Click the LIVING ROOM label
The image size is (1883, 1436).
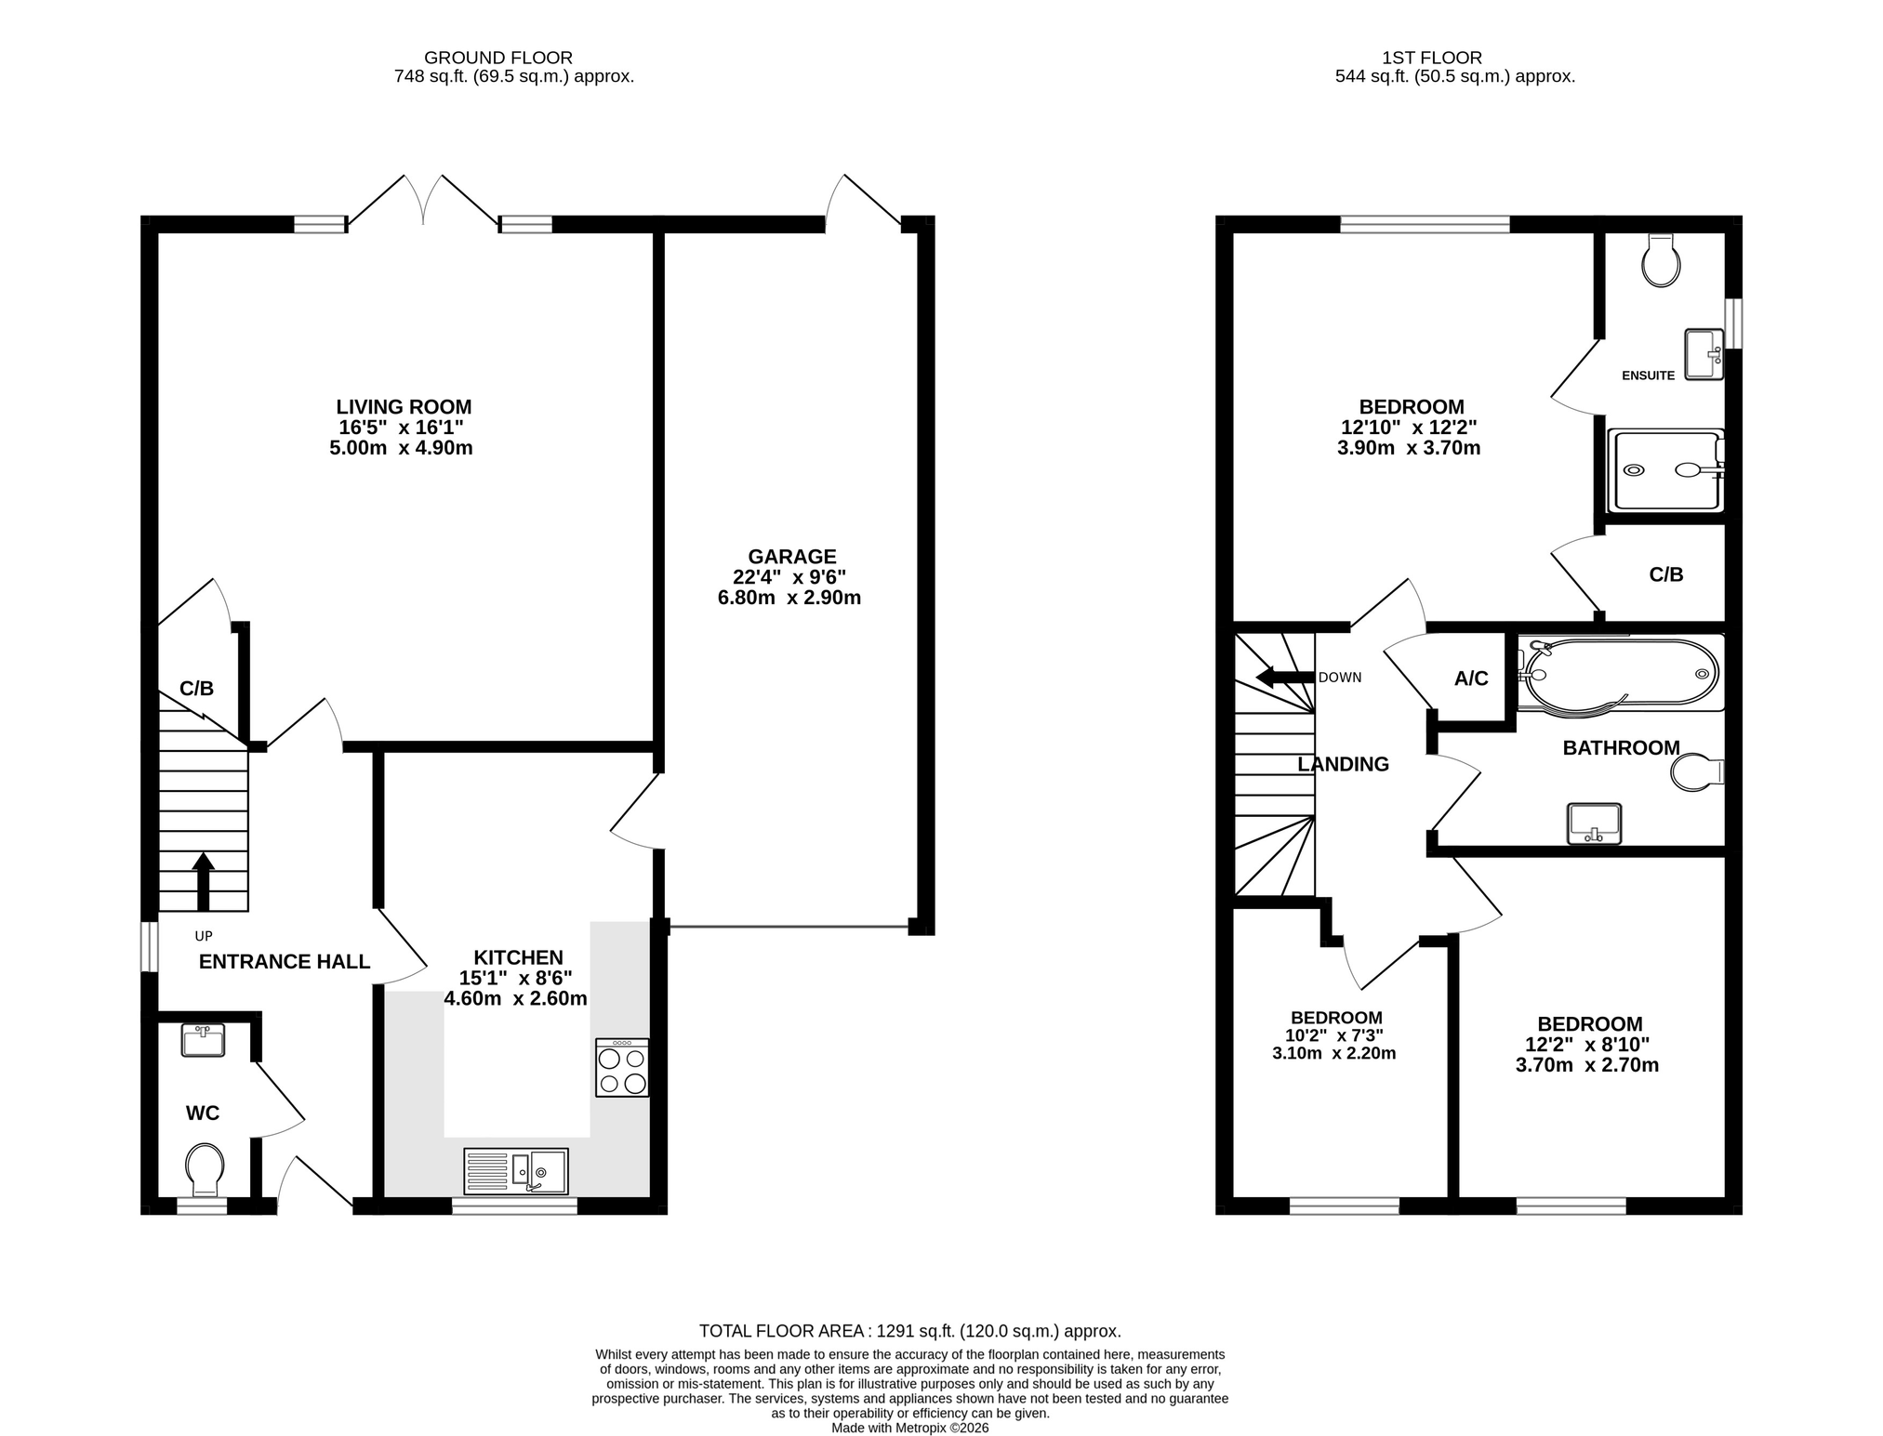pos(404,407)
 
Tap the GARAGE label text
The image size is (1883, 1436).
pos(792,557)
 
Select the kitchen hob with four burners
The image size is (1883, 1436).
pos(622,1067)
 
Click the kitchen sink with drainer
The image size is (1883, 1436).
pos(515,1171)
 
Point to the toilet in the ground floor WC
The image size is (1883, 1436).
pos(205,1170)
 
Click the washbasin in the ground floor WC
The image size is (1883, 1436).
pos(204,1040)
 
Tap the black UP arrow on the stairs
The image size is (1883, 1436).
pos(203,882)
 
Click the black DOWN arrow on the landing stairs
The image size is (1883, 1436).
pos(1284,677)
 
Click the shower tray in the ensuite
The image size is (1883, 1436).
pos(1664,470)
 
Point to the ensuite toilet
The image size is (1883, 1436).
pos(1661,259)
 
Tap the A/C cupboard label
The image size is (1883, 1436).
pos(1471,679)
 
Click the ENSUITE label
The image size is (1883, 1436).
pos(1648,375)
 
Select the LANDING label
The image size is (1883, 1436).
pos(1343,764)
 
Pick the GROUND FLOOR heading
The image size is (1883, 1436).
pos(498,58)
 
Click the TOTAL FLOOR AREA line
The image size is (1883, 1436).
pos(909,1331)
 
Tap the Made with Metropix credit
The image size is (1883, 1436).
pos(909,1428)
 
